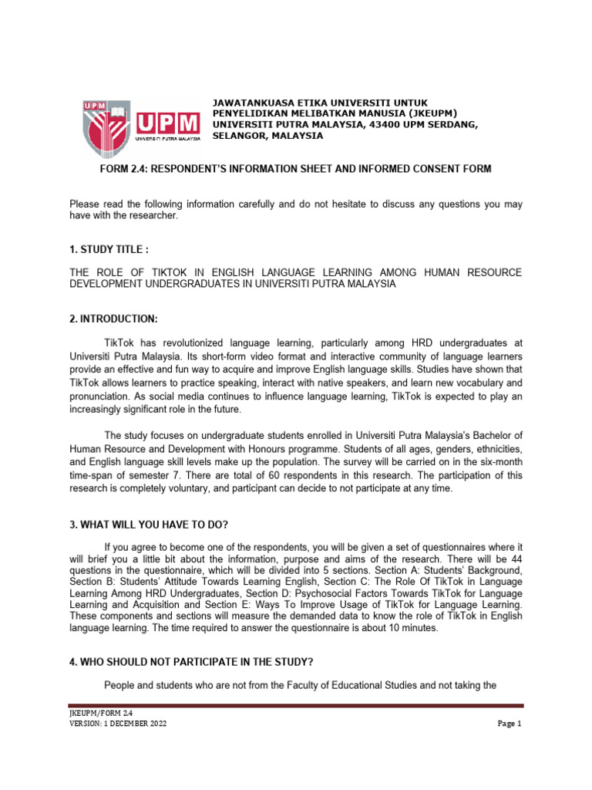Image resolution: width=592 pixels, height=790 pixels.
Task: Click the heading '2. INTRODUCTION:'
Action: coord(109,319)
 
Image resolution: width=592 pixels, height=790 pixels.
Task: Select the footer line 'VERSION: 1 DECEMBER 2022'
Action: coord(117,724)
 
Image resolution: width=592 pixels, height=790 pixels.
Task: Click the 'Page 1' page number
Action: coord(510,724)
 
